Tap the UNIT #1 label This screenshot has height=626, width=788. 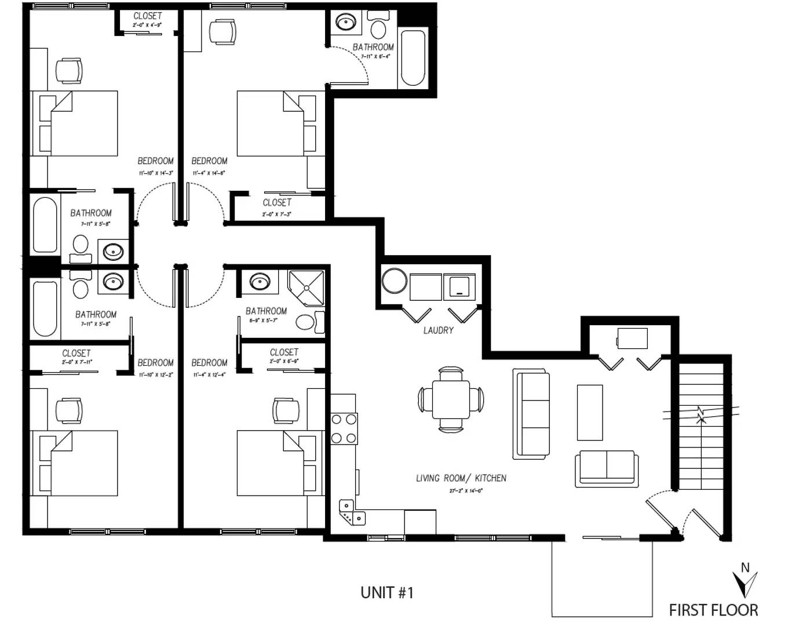(x=386, y=592)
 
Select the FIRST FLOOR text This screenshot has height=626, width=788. (x=713, y=610)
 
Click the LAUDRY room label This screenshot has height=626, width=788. (x=438, y=330)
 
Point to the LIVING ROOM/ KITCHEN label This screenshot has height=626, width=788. (x=461, y=478)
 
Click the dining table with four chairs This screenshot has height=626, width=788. (x=451, y=400)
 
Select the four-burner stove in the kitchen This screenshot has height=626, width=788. (x=344, y=428)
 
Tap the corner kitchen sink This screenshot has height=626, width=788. (x=351, y=512)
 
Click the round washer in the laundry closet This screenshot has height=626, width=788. (x=395, y=281)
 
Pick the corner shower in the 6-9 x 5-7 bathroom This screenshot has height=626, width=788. (x=307, y=288)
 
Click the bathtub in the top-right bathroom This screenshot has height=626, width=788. (x=413, y=58)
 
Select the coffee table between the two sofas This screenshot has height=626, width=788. (x=589, y=413)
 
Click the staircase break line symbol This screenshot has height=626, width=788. (x=701, y=414)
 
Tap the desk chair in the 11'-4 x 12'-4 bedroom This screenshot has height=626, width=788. (x=286, y=410)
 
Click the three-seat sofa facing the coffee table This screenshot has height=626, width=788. (x=531, y=413)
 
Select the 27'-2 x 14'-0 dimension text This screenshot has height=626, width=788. (x=466, y=490)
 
